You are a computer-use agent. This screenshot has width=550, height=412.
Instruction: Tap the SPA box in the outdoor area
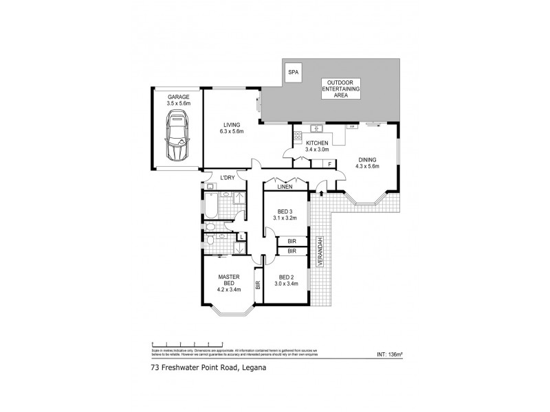[292, 72]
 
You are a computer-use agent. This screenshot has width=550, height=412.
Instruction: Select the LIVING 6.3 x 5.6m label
[231, 128]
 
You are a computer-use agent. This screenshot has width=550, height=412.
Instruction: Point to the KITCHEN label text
[318, 145]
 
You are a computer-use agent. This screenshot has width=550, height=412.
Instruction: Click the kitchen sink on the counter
[317, 127]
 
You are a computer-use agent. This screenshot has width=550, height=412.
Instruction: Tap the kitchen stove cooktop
[351, 127]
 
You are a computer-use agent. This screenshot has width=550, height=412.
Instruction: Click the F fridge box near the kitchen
[330, 164]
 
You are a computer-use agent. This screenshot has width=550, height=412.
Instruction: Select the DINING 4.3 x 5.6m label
[368, 162]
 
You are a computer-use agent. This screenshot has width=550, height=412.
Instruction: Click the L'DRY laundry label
[228, 179]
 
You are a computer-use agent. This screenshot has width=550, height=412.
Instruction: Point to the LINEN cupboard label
[285, 186]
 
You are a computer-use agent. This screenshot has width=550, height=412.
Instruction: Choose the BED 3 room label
[285, 214]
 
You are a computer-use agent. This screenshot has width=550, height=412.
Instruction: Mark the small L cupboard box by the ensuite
[241, 238]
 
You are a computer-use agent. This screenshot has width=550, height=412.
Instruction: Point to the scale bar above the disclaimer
[188, 343]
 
